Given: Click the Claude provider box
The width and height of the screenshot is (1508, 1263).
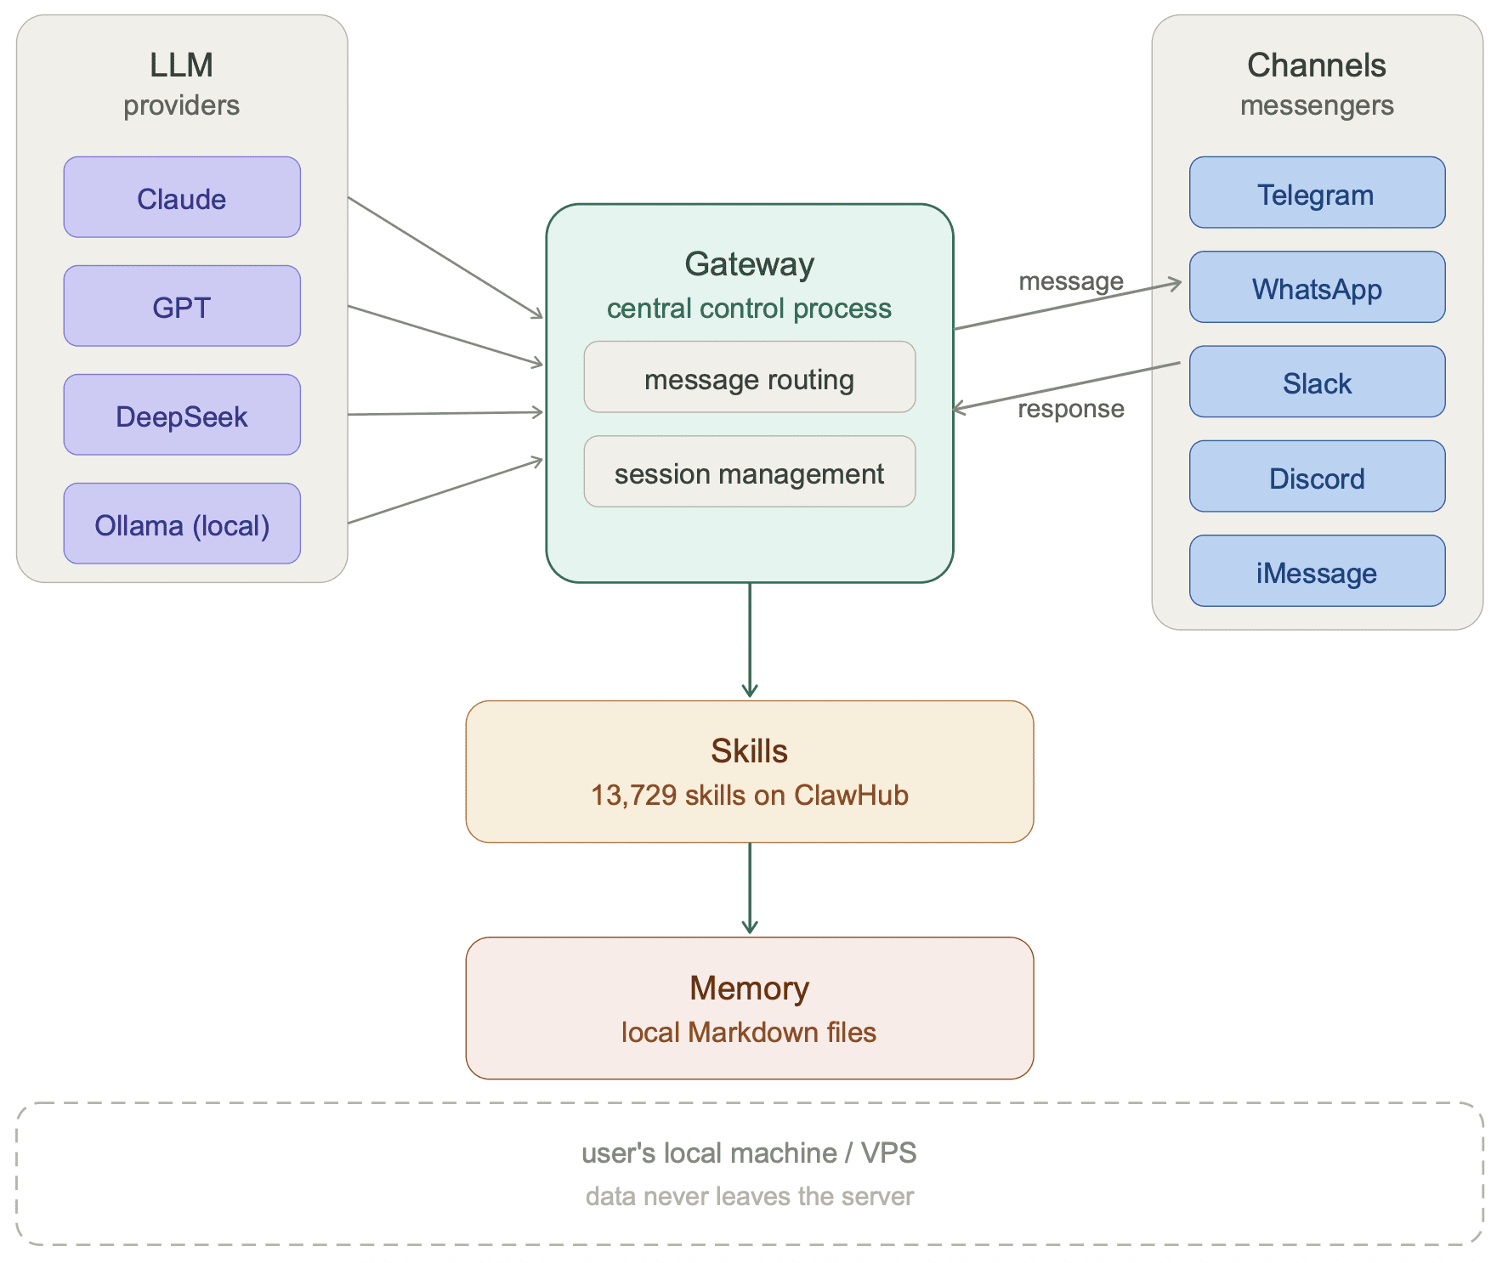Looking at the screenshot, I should (x=182, y=197).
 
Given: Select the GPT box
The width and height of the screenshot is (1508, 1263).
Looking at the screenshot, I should (x=182, y=306).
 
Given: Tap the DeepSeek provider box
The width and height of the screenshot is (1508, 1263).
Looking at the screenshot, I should (x=182, y=415).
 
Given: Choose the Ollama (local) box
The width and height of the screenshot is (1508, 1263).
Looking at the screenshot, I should (x=182, y=524).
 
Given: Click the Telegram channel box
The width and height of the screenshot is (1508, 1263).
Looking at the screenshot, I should (x=1317, y=193).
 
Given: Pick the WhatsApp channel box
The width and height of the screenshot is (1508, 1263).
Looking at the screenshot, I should (x=1317, y=287).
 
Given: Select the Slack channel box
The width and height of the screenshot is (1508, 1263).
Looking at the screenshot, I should (x=1317, y=382).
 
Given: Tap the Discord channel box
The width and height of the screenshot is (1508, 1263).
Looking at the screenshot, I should (x=1317, y=477).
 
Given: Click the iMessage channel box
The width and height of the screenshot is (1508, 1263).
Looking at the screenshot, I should (x=1317, y=571).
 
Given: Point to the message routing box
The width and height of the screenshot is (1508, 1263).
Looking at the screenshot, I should (x=749, y=377).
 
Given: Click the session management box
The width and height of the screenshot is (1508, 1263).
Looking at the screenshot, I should (x=749, y=472).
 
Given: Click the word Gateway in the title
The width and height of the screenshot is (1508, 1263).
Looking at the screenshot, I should (x=749, y=264).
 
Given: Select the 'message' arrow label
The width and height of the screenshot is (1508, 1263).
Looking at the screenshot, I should (x=1070, y=281).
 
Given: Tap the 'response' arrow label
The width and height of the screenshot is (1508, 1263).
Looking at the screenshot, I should (x=1070, y=409).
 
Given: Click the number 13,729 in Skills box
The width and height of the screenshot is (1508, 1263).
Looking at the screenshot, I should (x=633, y=796).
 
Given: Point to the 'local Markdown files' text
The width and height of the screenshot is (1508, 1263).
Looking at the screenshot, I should (x=749, y=1032).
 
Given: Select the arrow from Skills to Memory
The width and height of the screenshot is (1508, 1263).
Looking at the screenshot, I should (x=750, y=888).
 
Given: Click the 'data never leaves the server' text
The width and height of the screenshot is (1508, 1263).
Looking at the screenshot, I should (x=749, y=1196).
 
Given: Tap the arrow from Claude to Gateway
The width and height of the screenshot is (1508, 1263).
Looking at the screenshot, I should (x=445, y=258).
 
